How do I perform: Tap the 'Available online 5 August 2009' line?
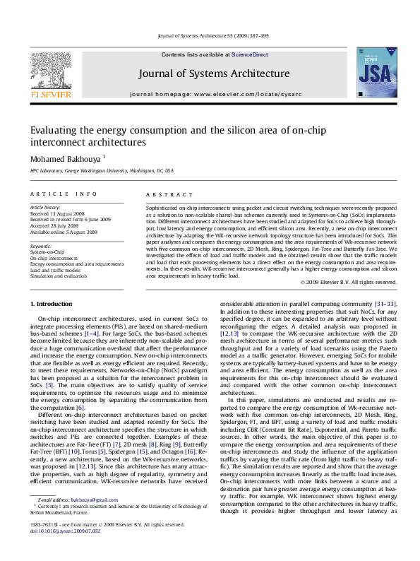tap(64, 231)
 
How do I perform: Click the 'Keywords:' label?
tap(41, 246)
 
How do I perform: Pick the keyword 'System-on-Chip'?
tap(47, 252)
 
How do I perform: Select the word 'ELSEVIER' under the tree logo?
tap(49, 93)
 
